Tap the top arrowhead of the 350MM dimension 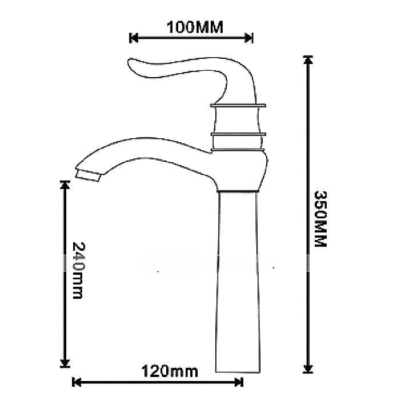point(308,60)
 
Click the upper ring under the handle point(239,105)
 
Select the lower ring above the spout point(239,135)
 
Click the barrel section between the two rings point(239,120)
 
